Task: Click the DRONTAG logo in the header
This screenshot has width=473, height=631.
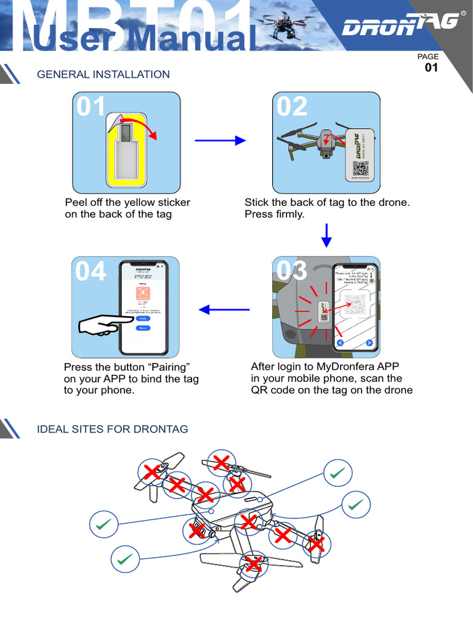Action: (400, 25)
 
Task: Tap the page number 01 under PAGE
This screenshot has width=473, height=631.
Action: (431, 68)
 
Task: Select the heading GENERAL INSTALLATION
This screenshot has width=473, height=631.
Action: (103, 75)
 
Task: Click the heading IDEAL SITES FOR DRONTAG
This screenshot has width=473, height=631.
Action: (113, 429)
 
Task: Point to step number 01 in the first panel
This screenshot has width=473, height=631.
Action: (91, 107)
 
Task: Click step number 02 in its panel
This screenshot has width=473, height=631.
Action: (292, 107)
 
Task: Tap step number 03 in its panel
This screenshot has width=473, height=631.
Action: (292, 271)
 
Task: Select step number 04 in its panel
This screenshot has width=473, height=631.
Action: (91, 271)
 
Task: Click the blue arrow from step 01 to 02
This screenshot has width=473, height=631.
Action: (220, 141)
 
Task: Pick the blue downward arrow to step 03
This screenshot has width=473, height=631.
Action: (327, 235)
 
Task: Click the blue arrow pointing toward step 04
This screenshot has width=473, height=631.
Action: (224, 309)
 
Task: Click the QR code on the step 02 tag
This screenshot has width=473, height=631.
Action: (361, 168)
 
